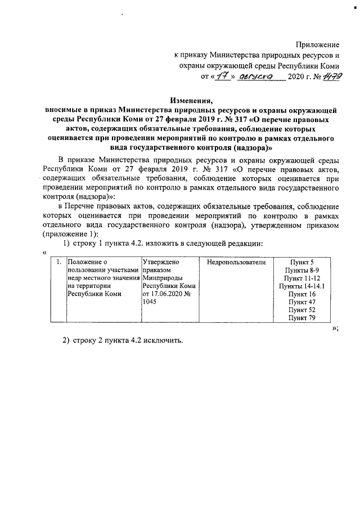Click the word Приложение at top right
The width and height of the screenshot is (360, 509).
[x=318, y=44]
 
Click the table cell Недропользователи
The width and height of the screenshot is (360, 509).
[x=236, y=262]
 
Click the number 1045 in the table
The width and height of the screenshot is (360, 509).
[x=150, y=301]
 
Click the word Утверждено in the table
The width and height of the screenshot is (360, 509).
[x=161, y=262]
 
